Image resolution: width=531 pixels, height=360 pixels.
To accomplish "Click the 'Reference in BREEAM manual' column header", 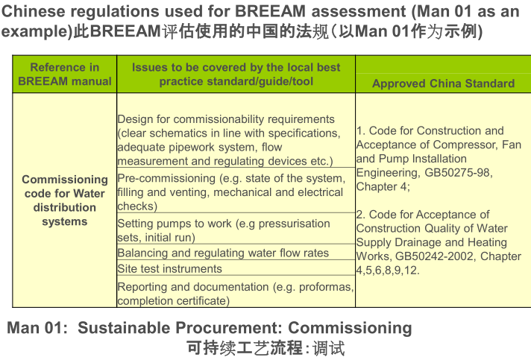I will pos(64,74).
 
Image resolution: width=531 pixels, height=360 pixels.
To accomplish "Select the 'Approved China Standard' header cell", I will pos(443,83).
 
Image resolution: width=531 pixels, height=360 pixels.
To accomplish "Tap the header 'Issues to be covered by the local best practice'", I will pos(236,74).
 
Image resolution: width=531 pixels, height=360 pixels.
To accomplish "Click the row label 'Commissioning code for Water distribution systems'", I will pos(64,200).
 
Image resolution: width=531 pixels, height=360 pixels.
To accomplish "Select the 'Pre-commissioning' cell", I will pos(231,192).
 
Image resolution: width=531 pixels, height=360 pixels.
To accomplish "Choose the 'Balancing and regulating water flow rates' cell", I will pos(223,253).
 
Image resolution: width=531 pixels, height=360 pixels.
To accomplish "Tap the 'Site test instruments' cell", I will pos(169,268).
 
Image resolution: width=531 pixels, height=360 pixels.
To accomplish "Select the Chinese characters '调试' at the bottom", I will pos(329,349).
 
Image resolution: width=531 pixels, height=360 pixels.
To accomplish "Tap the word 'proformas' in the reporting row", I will pos(312,287).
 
